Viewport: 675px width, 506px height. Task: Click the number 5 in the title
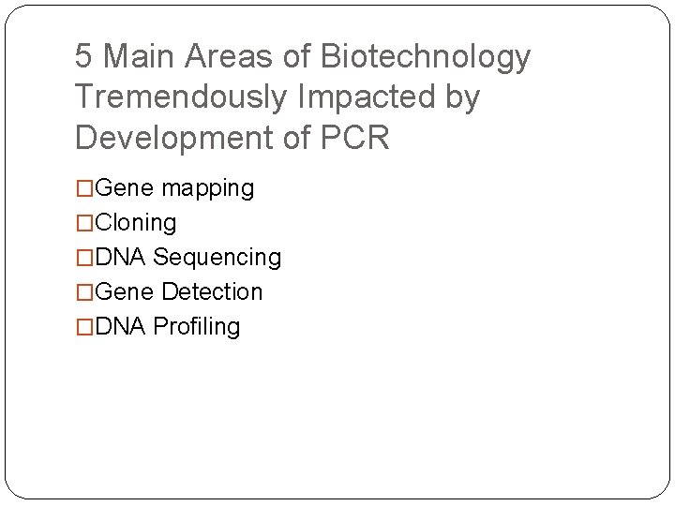tap(84, 57)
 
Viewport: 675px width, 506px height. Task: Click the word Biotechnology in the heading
tap(426, 58)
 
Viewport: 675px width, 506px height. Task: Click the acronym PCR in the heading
tap(354, 138)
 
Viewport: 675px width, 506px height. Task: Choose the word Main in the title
tap(140, 57)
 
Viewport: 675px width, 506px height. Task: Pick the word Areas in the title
tap(232, 57)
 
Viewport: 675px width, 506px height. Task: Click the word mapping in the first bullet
tap(207, 189)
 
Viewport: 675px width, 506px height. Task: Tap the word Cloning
tap(136, 223)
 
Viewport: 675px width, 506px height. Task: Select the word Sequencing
tap(217, 258)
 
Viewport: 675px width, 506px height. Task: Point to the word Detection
tap(212, 292)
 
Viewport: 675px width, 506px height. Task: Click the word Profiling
tap(196, 327)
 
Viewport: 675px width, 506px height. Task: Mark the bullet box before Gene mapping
tap(85, 188)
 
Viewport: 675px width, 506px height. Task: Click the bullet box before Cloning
tap(85, 223)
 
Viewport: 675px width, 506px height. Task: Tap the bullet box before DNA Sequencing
tap(85, 258)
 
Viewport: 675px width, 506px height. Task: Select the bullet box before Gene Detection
tap(85, 292)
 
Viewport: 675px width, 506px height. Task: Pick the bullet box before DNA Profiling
tap(85, 327)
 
